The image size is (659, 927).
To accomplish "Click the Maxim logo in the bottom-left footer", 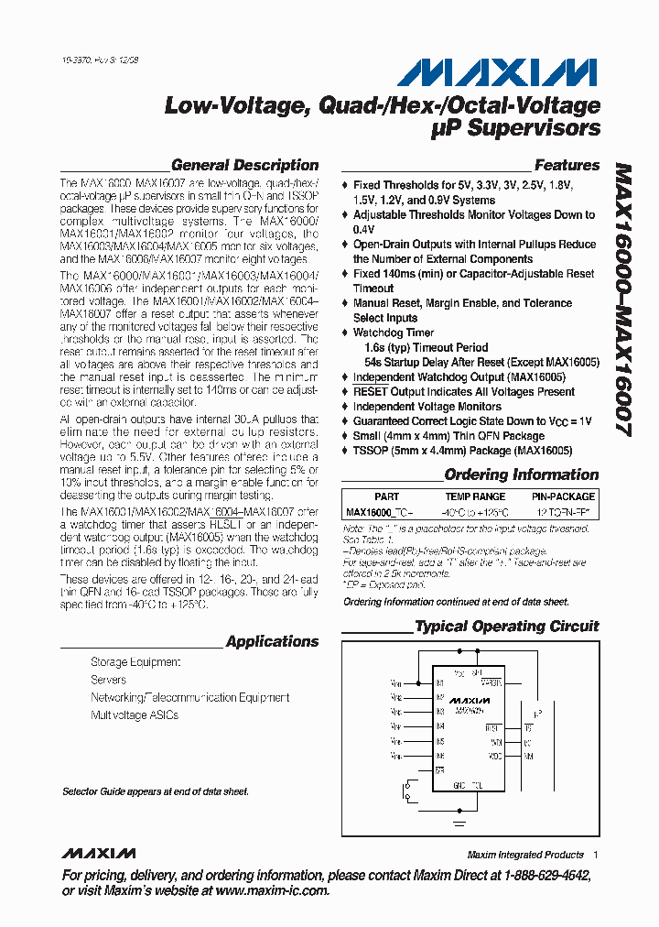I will click(98, 854).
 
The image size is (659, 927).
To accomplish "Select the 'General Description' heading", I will click(244, 166).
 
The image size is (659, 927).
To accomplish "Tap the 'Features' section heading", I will click(567, 166).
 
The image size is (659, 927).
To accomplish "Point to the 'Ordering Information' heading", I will click(521, 474).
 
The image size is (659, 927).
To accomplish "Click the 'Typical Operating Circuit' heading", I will click(506, 627).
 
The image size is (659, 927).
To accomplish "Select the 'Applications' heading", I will click(272, 642).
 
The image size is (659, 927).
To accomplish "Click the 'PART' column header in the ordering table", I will click(386, 496).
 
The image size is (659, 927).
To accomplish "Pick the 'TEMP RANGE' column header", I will click(470, 496).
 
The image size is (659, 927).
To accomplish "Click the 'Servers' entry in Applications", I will click(108, 680).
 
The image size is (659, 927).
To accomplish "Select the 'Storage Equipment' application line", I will click(135, 662).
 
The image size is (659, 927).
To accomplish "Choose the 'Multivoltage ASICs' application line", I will click(135, 715).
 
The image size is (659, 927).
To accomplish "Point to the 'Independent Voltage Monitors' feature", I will click(427, 406).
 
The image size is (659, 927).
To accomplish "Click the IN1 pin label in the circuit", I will click(440, 683).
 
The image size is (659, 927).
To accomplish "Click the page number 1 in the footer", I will click(596, 855).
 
